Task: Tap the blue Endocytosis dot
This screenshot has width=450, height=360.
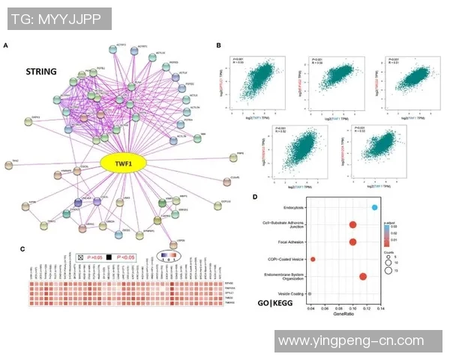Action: point(374,207)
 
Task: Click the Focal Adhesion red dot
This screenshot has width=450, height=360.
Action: point(352,241)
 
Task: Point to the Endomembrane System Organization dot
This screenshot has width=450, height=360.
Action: point(363,277)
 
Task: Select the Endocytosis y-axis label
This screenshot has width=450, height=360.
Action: point(286,207)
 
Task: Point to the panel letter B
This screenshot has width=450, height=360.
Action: point(218,46)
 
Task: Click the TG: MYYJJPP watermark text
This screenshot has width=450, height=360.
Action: point(57,18)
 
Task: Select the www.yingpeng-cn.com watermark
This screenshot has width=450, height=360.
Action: point(350,341)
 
